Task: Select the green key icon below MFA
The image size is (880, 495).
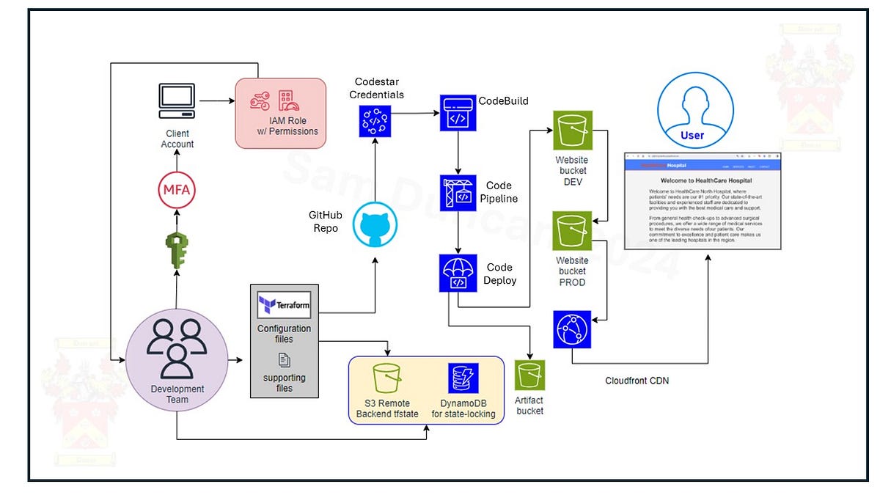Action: (x=177, y=244)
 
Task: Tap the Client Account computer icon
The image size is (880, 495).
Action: (x=177, y=101)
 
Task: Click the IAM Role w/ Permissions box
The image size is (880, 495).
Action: (x=280, y=111)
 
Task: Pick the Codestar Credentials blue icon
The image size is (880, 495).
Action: (x=375, y=120)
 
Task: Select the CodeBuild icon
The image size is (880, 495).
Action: (x=458, y=113)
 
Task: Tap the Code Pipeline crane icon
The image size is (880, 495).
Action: (x=458, y=193)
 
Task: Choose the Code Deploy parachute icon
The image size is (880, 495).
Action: (x=458, y=274)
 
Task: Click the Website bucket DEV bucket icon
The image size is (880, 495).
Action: (x=573, y=131)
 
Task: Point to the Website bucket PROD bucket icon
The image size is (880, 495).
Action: (x=573, y=230)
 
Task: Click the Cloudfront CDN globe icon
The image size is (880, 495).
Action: (x=573, y=329)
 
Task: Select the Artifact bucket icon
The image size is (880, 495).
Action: (x=530, y=375)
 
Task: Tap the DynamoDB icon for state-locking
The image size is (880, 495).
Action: (x=463, y=378)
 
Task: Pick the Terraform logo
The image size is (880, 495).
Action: (x=284, y=304)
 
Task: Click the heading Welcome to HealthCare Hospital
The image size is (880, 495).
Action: (x=705, y=180)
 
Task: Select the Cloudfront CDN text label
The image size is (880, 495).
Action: (x=637, y=381)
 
